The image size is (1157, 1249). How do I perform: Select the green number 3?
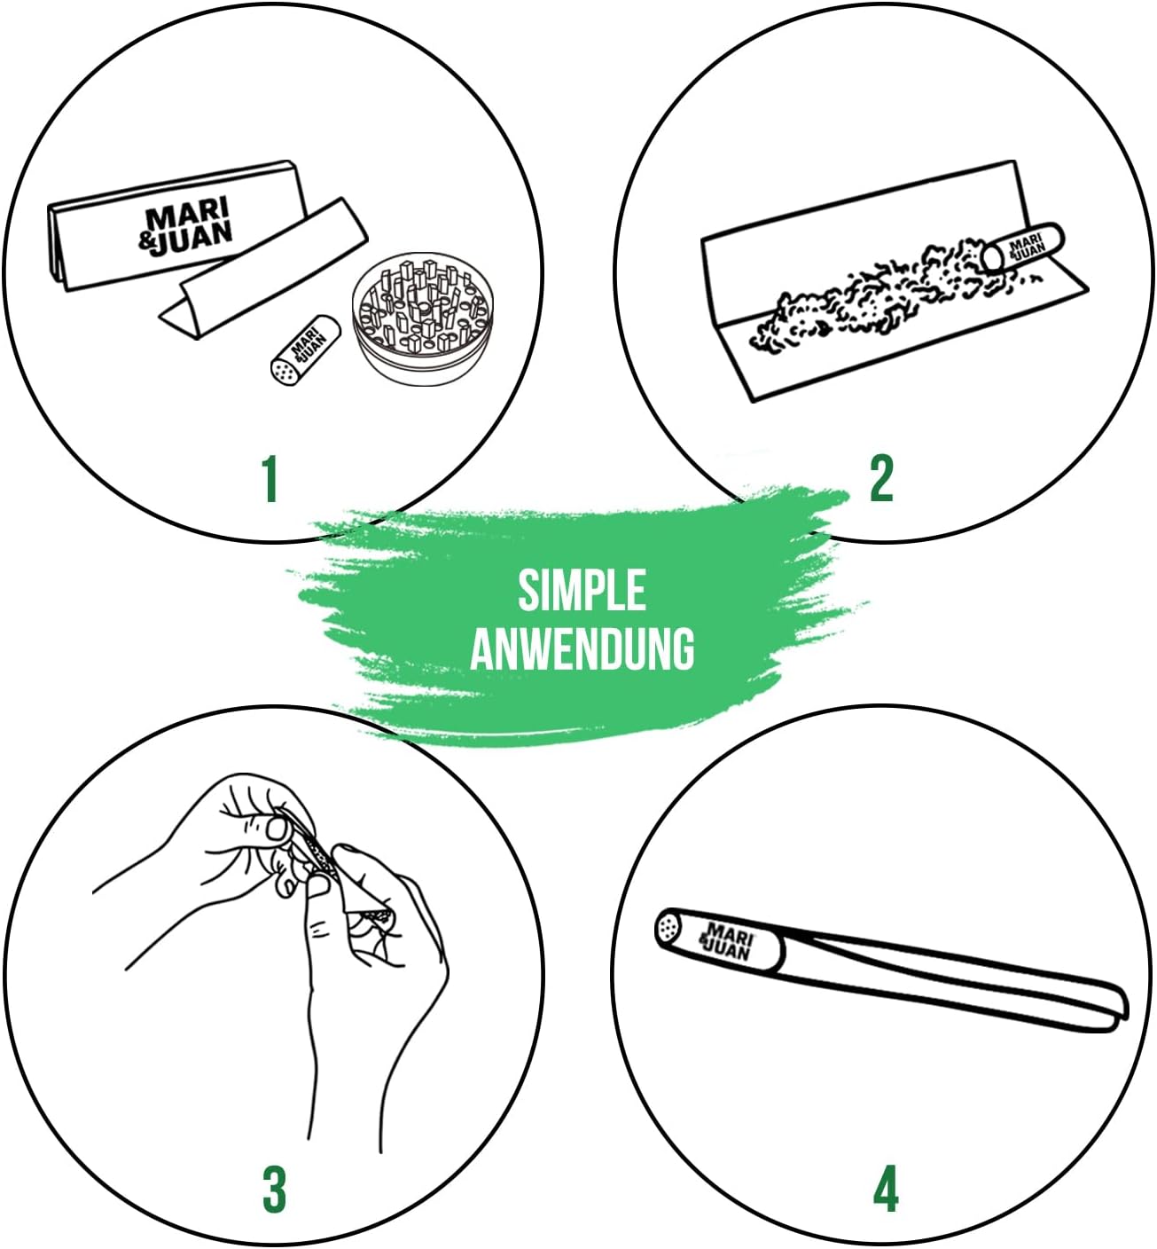tap(274, 1190)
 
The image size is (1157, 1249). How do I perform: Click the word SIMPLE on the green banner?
tap(582, 591)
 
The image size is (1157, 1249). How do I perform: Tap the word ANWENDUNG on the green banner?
tap(582, 648)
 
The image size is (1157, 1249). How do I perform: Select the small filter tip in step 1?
tap(306, 350)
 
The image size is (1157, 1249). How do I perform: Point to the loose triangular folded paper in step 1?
tap(262, 269)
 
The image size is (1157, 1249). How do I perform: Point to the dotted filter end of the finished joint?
tap(668, 928)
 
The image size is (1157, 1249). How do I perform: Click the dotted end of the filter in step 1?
tap(284, 371)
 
